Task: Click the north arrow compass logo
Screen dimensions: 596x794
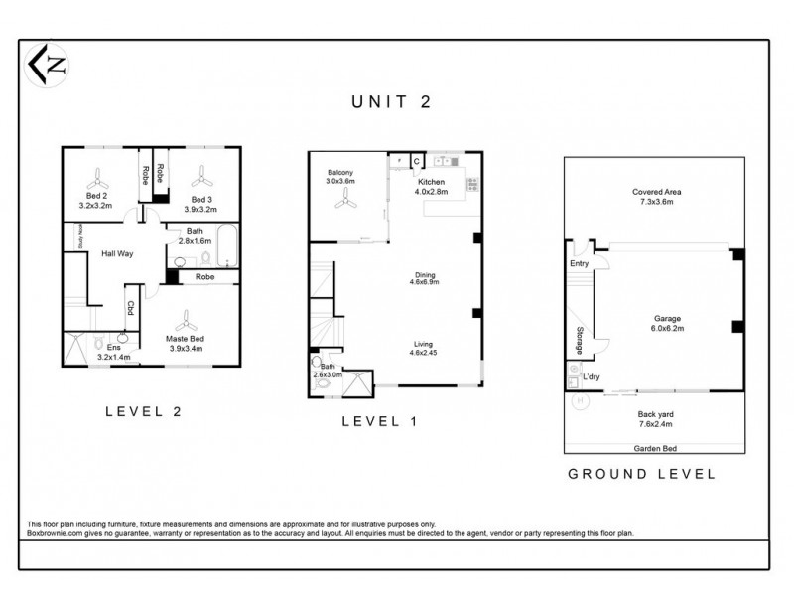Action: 47,67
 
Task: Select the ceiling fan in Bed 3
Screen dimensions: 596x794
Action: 202,180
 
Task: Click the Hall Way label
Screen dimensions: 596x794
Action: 117,254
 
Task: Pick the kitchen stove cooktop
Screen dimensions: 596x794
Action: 472,184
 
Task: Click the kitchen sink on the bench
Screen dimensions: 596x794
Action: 444,160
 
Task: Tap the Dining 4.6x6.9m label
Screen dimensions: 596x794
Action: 424,278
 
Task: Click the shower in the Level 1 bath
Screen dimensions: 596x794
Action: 358,381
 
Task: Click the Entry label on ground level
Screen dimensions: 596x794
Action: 579,264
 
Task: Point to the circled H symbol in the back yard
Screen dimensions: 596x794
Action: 579,400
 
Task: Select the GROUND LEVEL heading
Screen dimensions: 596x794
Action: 641,474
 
